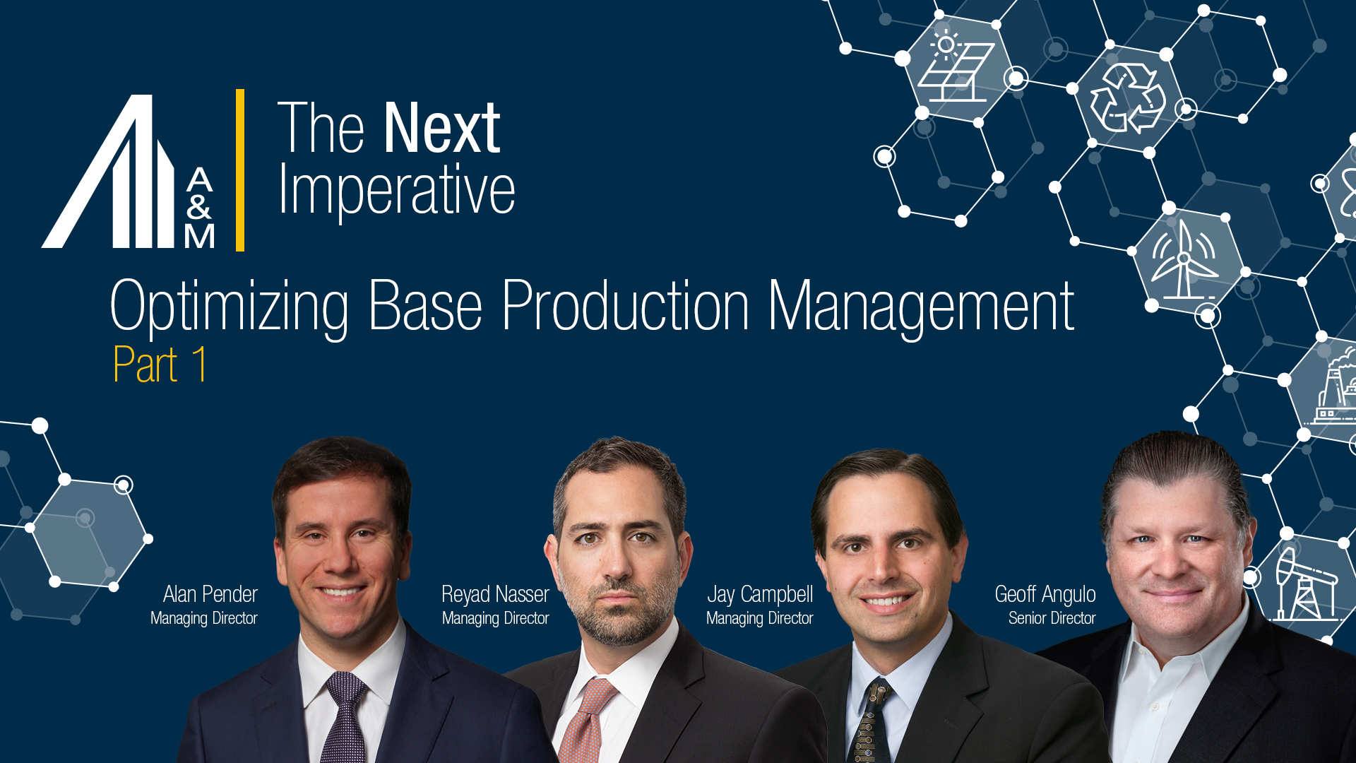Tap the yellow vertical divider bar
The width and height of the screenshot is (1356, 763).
click(240, 170)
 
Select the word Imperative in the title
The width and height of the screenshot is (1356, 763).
click(397, 189)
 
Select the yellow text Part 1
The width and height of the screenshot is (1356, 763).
click(160, 365)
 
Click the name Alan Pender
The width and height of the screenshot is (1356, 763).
click(210, 594)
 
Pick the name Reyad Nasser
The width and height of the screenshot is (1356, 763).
click(495, 594)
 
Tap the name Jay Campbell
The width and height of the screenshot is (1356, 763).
click(760, 594)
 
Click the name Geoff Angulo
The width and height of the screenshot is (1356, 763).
click(1045, 594)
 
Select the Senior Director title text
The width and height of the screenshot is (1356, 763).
click(1052, 618)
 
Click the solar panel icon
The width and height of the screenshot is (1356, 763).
click(956, 69)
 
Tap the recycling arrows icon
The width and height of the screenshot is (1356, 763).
click(1127, 99)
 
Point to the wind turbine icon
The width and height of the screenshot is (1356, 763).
click(1184, 260)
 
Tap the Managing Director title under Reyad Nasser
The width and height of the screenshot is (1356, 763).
click(495, 618)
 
